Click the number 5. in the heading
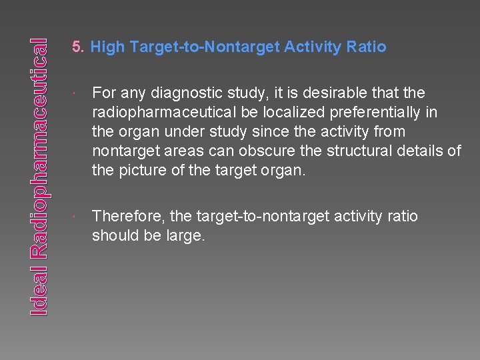[x=79, y=47]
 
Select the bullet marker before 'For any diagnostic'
[x=79, y=93]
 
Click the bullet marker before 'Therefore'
[x=79, y=217]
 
